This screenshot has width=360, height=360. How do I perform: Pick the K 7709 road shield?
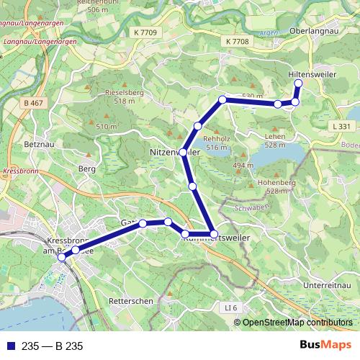pos(145,32)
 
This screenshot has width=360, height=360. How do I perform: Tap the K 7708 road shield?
pos(237,42)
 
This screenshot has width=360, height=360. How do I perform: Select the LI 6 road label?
pos(230,308)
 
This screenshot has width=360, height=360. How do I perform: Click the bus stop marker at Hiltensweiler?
pos(299,84)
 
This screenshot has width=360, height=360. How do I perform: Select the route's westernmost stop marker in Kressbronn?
pos(62,257)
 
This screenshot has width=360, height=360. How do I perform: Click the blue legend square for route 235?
pos(9,346)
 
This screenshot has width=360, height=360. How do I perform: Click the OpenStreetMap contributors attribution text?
pos(297,323)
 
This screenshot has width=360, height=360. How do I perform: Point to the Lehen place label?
pos(275,136)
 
